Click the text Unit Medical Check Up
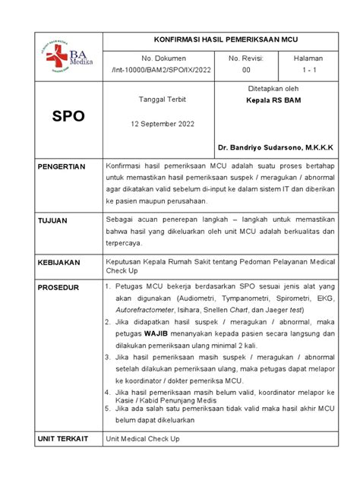(143, 439)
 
